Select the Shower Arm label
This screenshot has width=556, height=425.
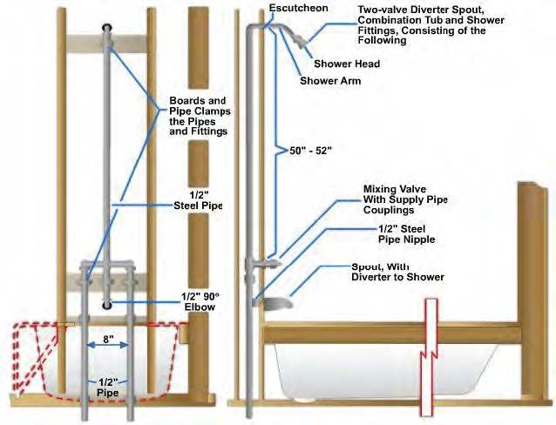click(332, 81)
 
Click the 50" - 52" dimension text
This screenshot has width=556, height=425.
click(310, 150)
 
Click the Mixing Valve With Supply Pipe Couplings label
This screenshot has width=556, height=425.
click(404, 195)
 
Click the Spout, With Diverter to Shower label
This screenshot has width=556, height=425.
click(397, 271)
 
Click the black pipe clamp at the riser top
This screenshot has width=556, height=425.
click(106, 29)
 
